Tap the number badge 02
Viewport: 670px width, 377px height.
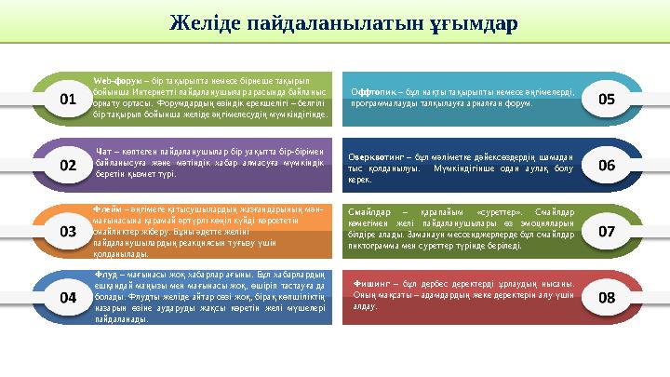[x=68, y=165]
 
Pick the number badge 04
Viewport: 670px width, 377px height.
[x=68, y=299]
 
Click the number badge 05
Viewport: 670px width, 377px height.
[x=608, y=98]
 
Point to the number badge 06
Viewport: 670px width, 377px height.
[x=608, y=164]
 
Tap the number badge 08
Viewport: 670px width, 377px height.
[x=608, y=298]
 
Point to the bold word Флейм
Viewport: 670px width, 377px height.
[x=107, y=210]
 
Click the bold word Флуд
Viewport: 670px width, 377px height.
[x=106, y=275]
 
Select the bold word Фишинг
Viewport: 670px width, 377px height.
[x=374, y=282]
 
